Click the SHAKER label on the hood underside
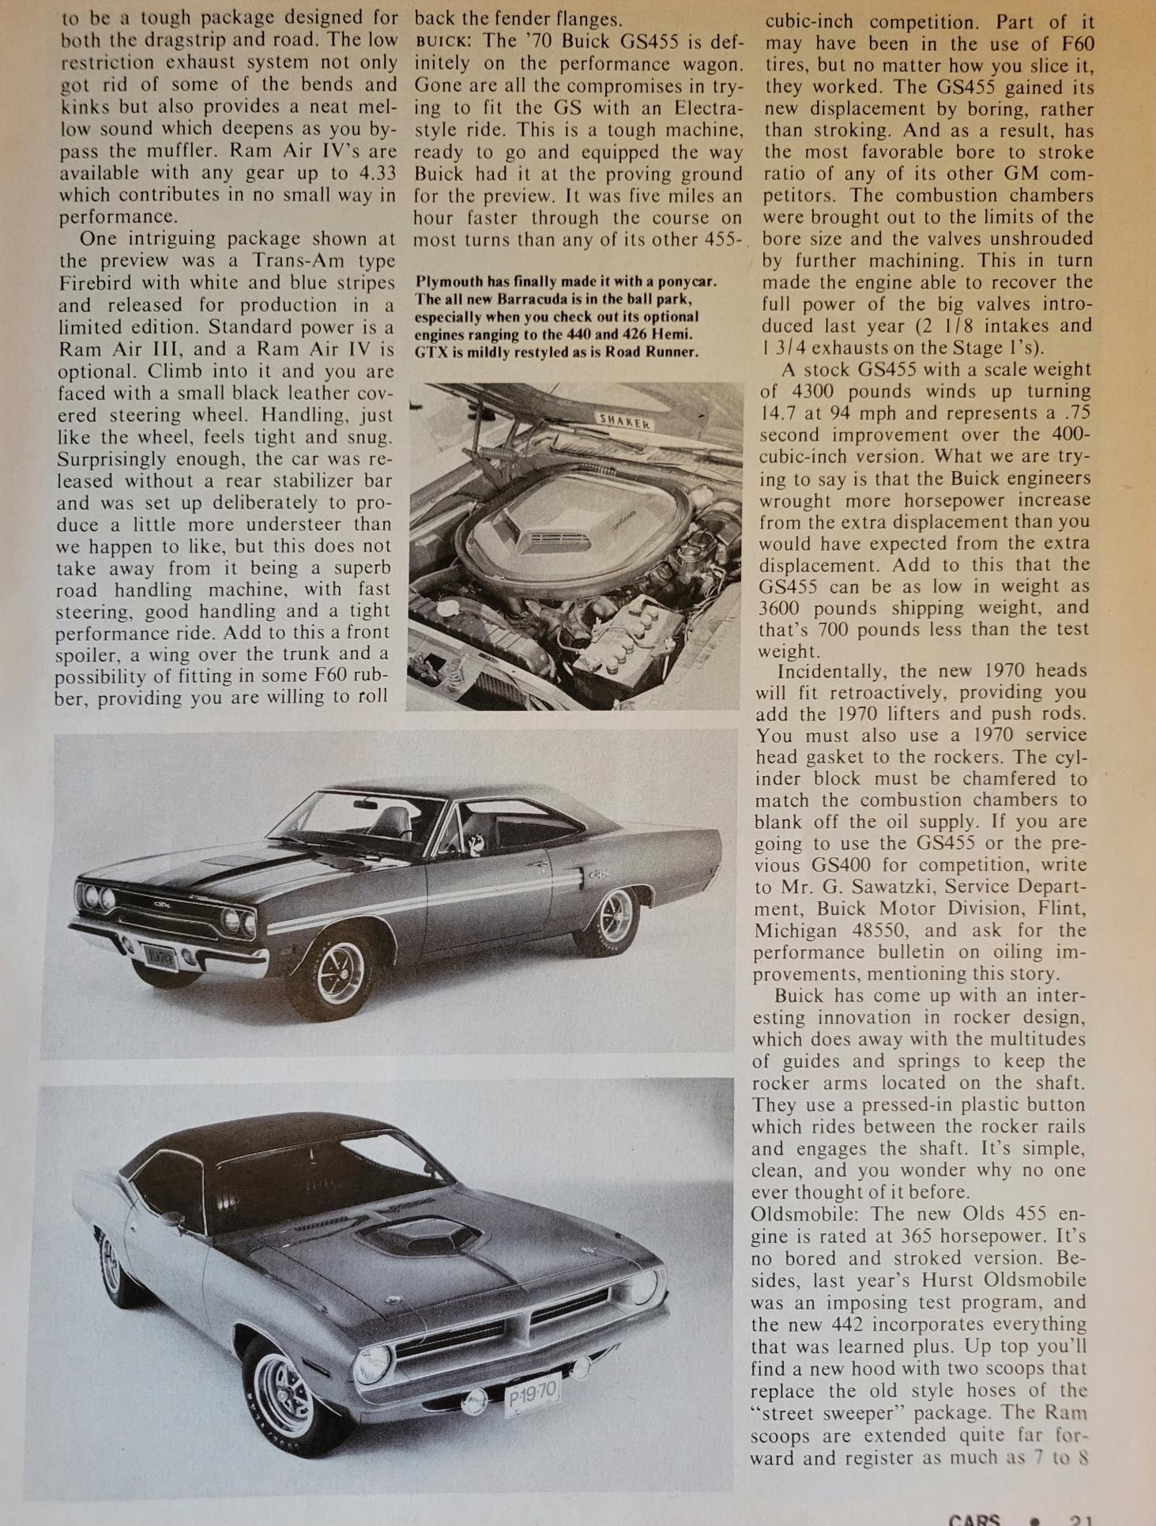pyautogui.click(x=624, y=420)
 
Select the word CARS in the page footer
pyautogui.click(x=973, y=1519)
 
